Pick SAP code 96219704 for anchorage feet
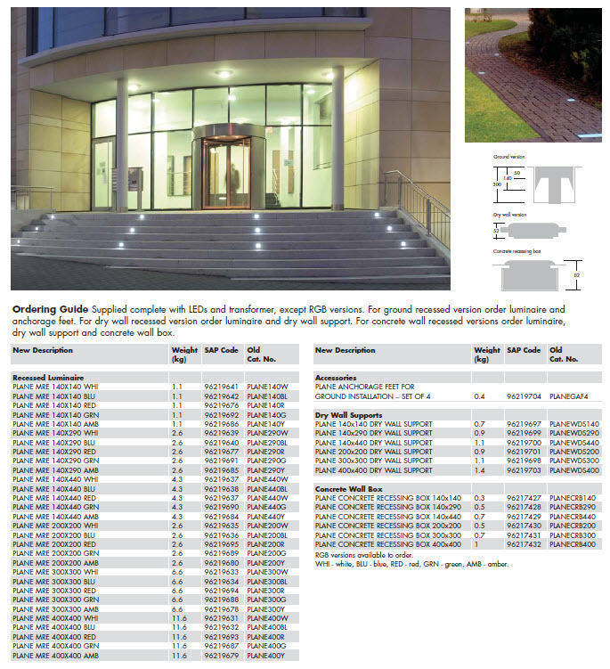pos(524,396)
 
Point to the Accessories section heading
pos(336,378)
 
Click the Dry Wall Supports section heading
pos(347,414)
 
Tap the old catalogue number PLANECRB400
pos(574,543)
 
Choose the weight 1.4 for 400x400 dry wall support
pos(480,469)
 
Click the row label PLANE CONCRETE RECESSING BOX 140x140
pos(388,498)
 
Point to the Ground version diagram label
pos(509,158)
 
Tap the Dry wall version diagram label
pos(510,216)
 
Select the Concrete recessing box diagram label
pos(517,251)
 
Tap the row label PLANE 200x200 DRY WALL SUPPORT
pos(374,452)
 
